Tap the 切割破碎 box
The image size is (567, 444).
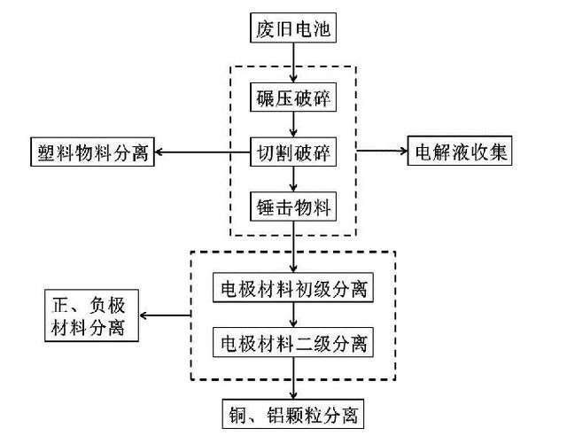tap(293, 152)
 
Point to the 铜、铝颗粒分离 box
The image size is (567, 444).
tap(293, 414)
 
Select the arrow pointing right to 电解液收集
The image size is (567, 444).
tap(381, 152)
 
